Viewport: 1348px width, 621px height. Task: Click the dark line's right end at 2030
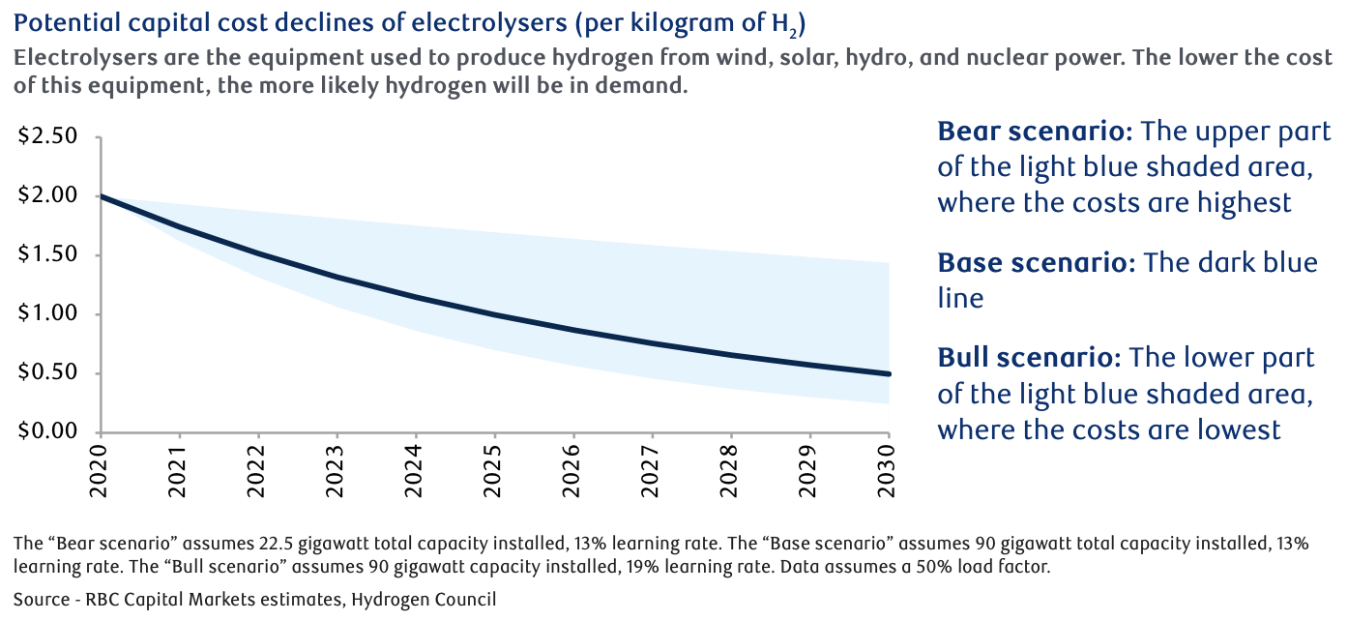(889, 373)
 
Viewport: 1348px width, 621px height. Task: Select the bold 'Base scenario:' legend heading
(1036, 263)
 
